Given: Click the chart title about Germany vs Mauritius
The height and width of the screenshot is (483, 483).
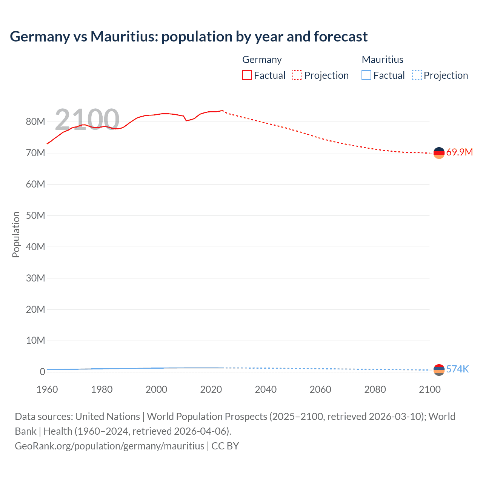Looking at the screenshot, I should click(189, 37).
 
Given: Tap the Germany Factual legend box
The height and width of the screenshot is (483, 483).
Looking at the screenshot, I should click(247, 75).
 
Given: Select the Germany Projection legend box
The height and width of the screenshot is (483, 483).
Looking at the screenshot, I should click(297, 75).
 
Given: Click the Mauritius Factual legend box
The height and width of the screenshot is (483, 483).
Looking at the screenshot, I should click(366, 75).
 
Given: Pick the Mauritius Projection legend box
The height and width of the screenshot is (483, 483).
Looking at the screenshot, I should click(417, 75).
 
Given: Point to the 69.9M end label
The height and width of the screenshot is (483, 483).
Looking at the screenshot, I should click(459, 152).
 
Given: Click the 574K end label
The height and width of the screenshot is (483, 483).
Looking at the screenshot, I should click(457, 369).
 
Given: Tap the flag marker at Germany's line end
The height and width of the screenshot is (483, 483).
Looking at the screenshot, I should click(439, 153).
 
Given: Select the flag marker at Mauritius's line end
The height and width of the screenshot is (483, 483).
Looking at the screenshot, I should click(439, 370).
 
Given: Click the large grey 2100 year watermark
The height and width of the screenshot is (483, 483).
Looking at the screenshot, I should click(87, 119).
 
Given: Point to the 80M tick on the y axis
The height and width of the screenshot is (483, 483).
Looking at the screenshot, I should click(35, 122).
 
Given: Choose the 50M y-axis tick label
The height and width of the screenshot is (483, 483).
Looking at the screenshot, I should click(35, 215).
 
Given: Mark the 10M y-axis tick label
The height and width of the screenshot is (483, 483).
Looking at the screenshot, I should click(35, 340).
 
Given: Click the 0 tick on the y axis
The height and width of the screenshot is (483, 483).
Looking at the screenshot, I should click(42, 372).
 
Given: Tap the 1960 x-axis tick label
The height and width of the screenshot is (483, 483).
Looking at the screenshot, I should click(47, 389).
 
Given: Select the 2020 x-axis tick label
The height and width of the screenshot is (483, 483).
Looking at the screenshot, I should click(211, 389).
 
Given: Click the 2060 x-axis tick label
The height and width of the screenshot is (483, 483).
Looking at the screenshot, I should click(320, 389).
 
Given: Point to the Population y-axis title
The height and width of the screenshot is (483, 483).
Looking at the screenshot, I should click(16, 234).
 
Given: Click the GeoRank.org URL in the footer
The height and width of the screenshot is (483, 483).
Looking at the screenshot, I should click(109, 446).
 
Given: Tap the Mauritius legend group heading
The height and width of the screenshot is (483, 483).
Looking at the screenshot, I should click(382, 60).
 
